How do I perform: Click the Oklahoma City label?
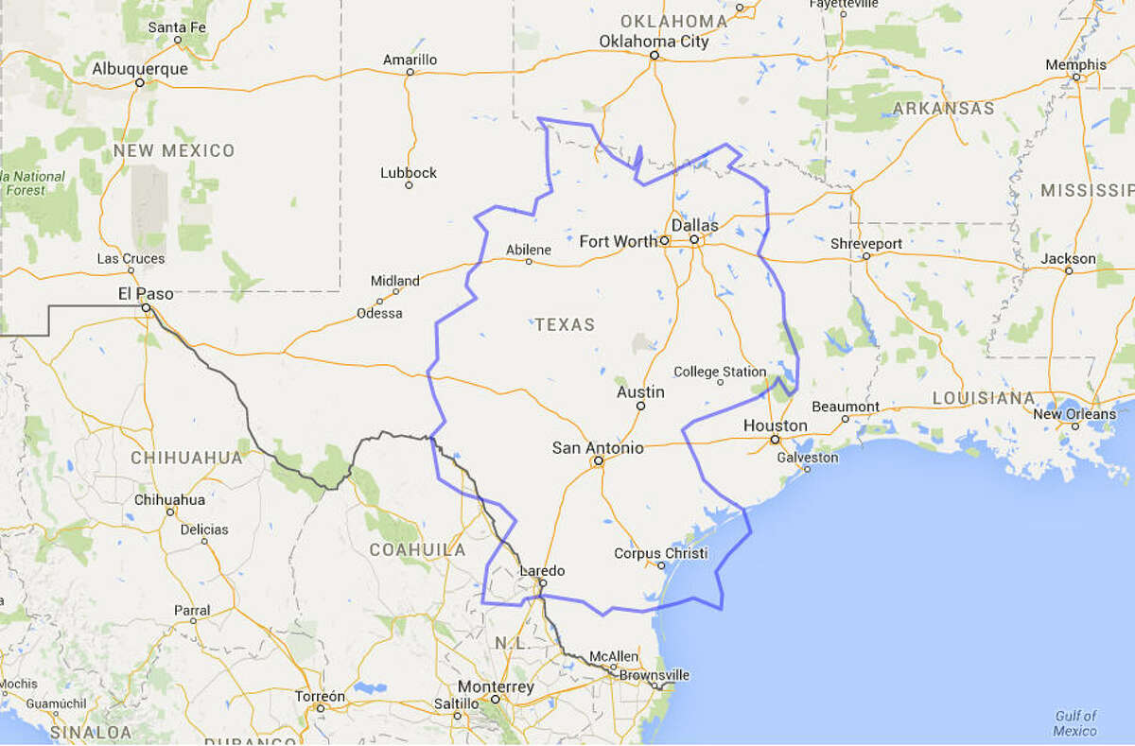point(654,41)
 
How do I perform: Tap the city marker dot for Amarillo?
point(410,72)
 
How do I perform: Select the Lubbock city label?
point(409,173)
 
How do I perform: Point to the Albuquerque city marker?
point(139,82)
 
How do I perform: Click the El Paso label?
point(147,293)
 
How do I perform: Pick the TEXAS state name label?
point(565,324)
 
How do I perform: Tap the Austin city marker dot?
point(640,406)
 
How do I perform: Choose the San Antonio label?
point(598,447)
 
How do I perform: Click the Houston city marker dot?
point(775,440)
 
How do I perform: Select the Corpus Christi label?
point(660,553)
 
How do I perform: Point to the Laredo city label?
point(543,570)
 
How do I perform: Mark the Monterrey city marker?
point(495,700)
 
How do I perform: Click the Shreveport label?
point(865,243)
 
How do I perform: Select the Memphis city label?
point(1075,64)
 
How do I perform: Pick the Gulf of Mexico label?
point(1076,723)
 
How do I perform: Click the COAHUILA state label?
point(417,549)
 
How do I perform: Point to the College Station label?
point(720,372)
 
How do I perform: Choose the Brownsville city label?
point(655,675)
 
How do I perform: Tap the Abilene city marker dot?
point(529,261)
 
